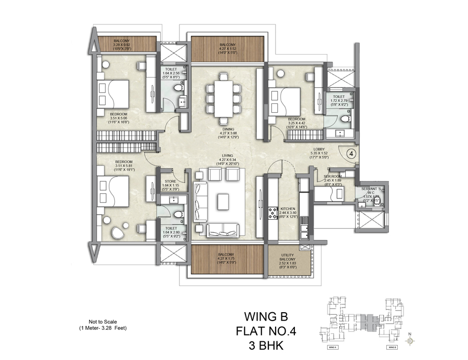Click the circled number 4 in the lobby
(x=351, y=153)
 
